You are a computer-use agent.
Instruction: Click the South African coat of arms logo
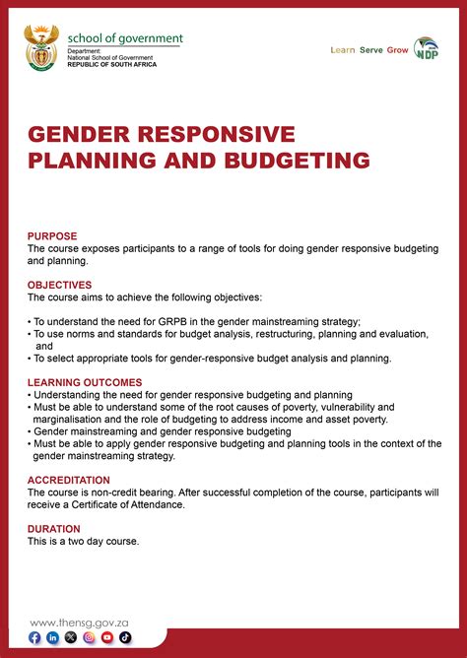(42, 49)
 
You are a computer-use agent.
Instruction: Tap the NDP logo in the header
(427, 49)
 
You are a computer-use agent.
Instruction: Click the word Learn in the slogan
(343, 49)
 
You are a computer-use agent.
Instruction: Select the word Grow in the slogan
(397, 49)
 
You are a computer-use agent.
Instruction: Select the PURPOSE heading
(51, 236)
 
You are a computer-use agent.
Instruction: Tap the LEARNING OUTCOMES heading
(85, 382)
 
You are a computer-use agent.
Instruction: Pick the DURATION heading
(54, 529)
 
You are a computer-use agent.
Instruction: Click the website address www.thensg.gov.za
(87, 622)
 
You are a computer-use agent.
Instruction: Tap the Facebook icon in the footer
(35, 638)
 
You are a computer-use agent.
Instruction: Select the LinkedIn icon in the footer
(53, 638)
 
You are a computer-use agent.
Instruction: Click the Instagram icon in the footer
(90, 638)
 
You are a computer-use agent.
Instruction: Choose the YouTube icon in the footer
(107, 638)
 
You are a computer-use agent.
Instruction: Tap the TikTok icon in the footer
(125, 638)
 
